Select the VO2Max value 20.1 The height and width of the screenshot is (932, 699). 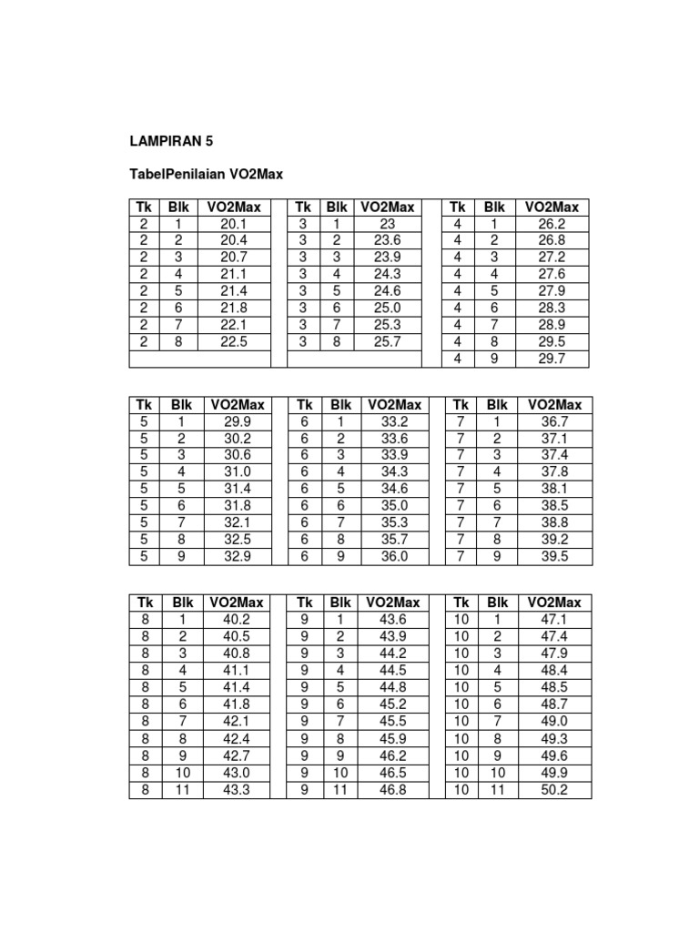coord(234,224)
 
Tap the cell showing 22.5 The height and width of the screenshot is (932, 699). coord(234,341)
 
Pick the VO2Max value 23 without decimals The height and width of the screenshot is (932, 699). coord(387,224)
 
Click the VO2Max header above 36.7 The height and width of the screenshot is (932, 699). coord(552,404)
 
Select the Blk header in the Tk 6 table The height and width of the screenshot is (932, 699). coord(340,404)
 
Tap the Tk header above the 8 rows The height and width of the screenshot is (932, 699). coord(145,602)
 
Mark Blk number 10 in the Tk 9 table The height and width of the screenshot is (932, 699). coord(339,773)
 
